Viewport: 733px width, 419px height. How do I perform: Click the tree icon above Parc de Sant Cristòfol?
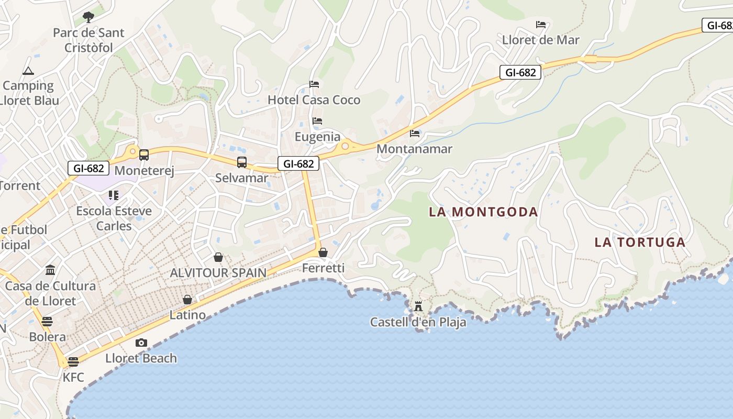[88, 17]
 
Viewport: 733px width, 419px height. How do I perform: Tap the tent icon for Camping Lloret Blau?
[28, 71]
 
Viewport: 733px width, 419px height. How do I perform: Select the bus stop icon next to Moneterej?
[144, 155]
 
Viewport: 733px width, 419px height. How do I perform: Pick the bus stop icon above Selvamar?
[241, 162]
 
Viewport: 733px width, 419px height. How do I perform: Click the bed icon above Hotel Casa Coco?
[314, 84]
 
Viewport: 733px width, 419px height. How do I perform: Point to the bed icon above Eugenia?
[317, 121]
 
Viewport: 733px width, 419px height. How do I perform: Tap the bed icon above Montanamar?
[415, 134]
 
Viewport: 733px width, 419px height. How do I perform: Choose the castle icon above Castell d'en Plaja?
[418, 306]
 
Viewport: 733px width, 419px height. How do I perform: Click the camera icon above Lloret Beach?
[141, 343]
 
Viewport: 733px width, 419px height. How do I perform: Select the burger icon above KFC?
[73, 361]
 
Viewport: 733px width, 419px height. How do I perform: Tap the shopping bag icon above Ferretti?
[323, 253]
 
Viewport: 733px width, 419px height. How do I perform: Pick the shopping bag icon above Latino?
[187, 300]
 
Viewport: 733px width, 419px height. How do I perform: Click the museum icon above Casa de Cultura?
[50, 270]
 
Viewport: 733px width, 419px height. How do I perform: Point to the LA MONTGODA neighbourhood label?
[483, 212]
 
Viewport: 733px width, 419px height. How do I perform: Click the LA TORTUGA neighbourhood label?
[640, 242]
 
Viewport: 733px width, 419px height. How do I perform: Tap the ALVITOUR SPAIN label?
[218, 273]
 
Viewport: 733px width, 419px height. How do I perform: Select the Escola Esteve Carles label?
[114, 218]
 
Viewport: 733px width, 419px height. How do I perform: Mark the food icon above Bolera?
[47, 321]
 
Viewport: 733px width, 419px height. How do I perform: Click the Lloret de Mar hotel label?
[541, 40]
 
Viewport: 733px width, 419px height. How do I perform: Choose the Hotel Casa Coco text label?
[314, 100]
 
